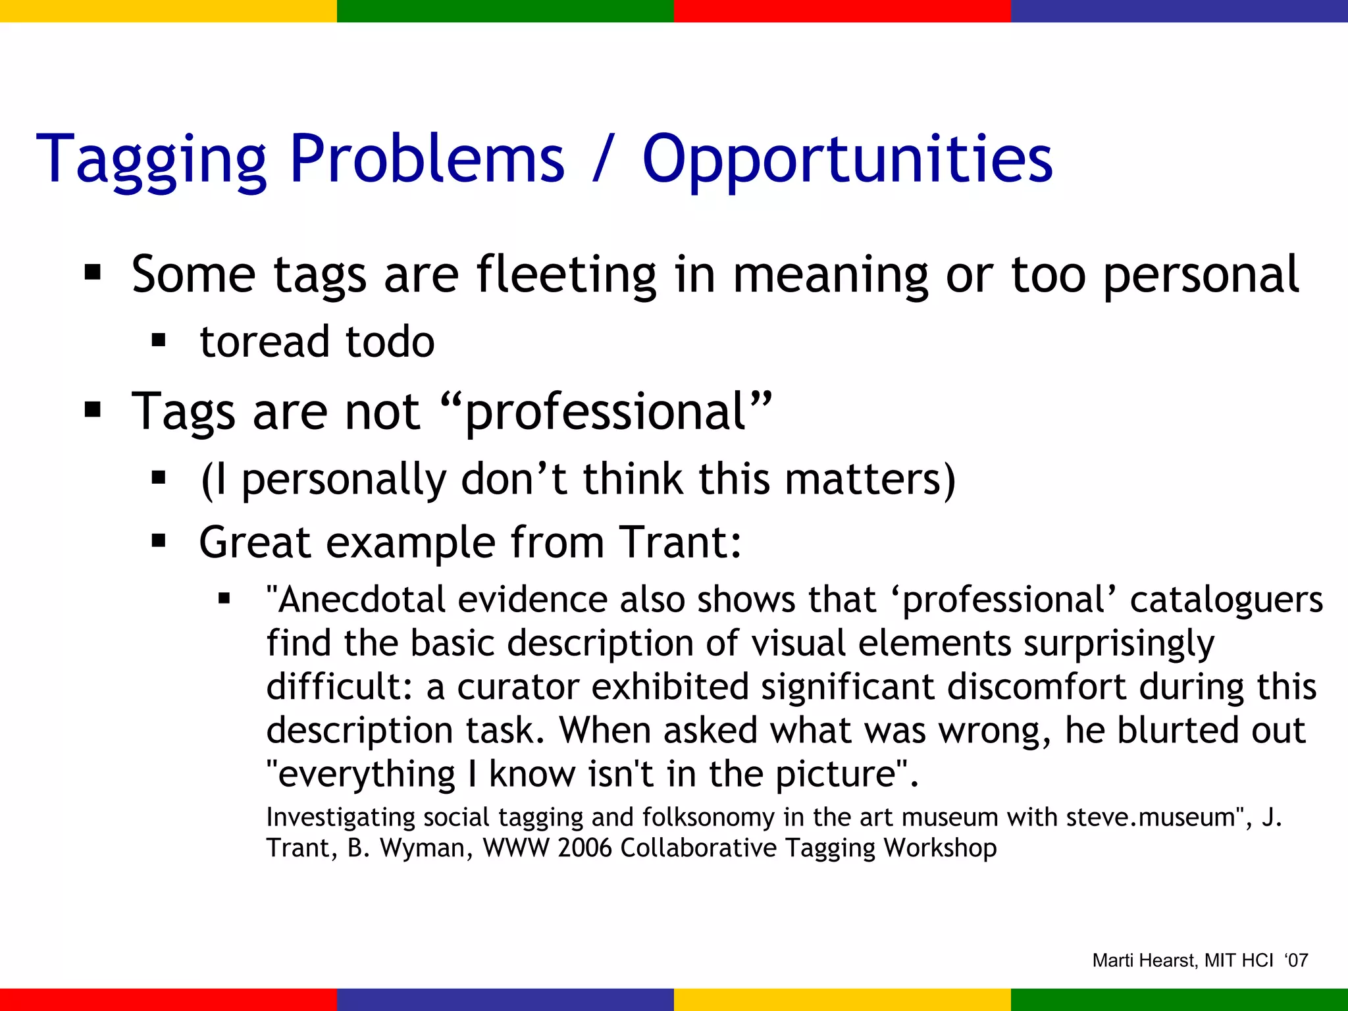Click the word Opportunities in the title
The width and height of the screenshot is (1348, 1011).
pyautogui.click(x=847, y=159)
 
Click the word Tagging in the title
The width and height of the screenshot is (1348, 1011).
pyautogui.click(x=151, y=159)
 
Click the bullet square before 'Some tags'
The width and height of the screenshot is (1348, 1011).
pyautogui.click(x=92, y=272)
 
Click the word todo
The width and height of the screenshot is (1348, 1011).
pyautogui.click(x=390, y=342)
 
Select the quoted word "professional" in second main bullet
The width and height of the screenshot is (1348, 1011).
pyautogui.click(x=604, y=412)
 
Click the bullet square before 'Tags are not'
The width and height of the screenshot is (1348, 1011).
pyautogui.click(x=92, y=411)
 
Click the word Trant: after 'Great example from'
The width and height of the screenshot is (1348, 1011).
pyautogui.click(x=681, y=542)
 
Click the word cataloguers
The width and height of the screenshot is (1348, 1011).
pyautogui.click(x=1226, y=600)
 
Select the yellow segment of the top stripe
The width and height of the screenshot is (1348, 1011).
pyautogui.click(x=168, y=11)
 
